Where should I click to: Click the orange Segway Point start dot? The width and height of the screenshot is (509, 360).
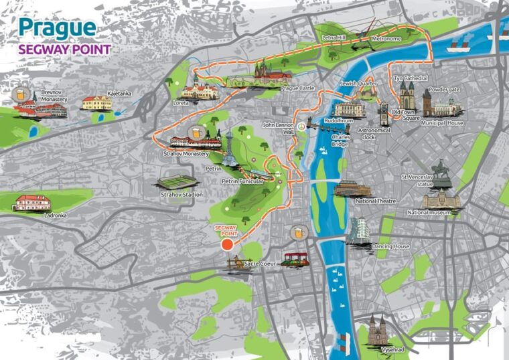point(227,245)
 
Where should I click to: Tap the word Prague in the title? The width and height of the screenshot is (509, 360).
point(57,28)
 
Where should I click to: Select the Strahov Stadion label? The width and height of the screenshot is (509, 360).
point(181,195)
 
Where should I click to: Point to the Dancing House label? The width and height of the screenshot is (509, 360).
point(390,246)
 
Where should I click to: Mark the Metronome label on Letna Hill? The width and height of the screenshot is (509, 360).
point(386,39)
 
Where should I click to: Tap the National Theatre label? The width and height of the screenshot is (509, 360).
point(376,201)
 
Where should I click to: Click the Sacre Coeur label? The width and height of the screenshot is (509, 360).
point(260,264)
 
